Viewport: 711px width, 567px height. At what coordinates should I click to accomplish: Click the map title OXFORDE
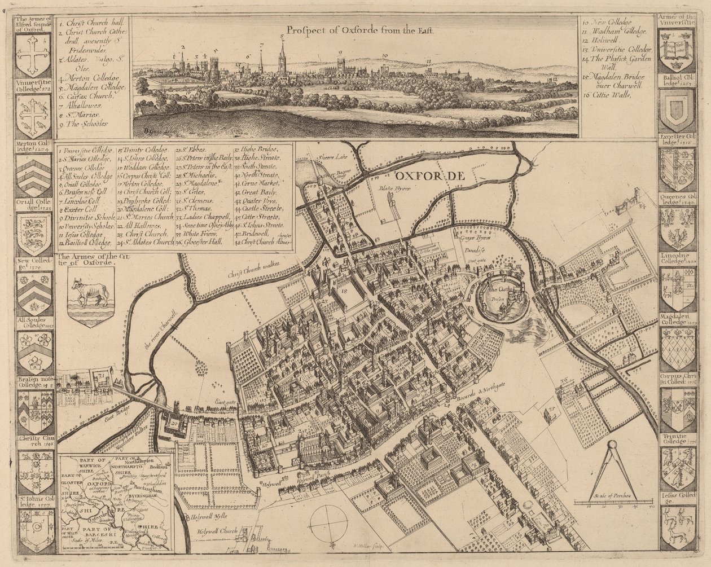tap(429, 176)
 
